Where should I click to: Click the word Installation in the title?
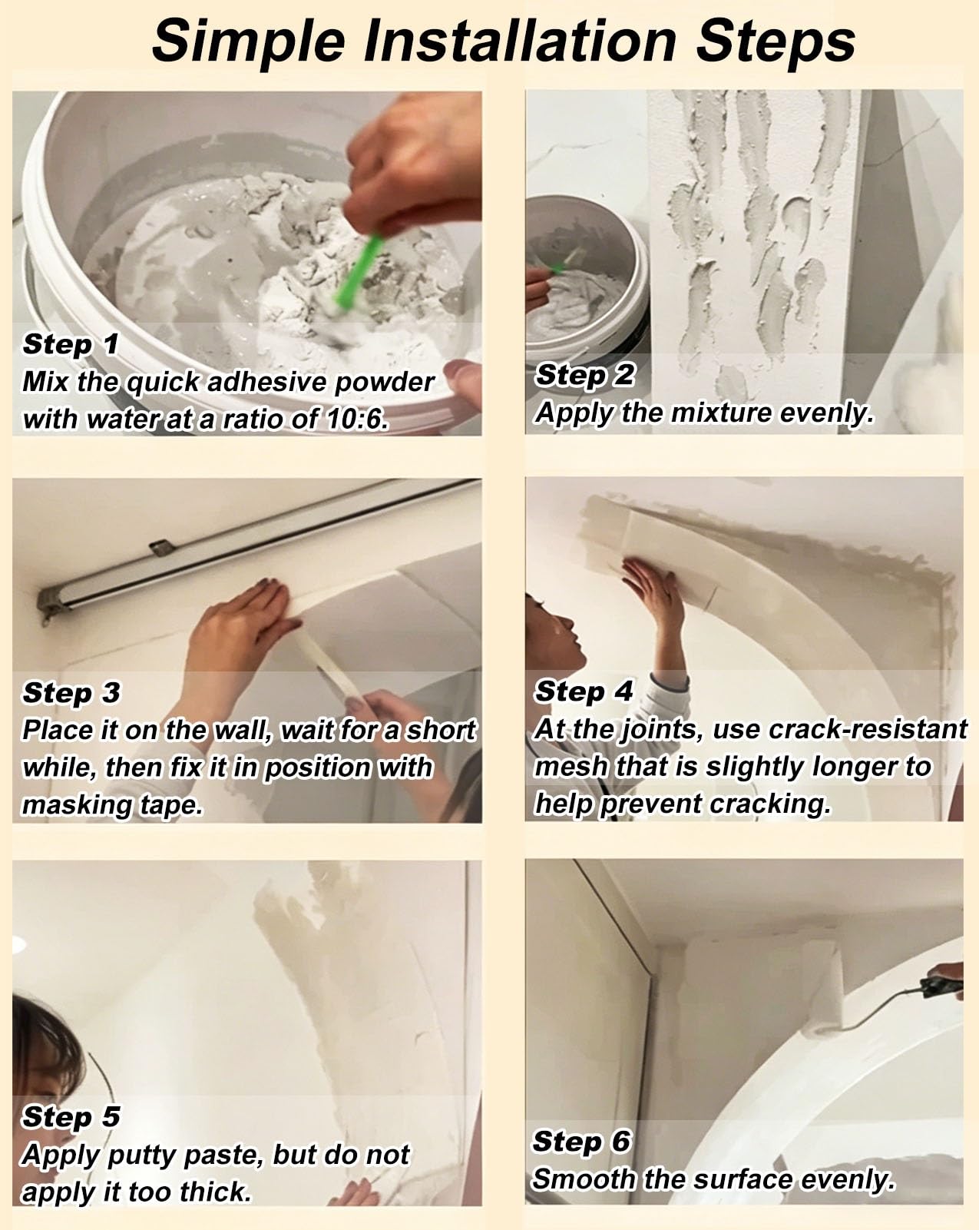coord(520,41)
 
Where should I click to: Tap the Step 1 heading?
coord(70,345)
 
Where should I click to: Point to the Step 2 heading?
coord(584,376)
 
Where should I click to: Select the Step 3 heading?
coord(71,693)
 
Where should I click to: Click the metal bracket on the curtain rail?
coord(162,547)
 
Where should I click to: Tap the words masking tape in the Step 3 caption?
coord(112,805)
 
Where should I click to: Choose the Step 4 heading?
coord(584,692)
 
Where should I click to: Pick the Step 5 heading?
coord(71,1118)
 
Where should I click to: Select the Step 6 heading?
coord(581,1142)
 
